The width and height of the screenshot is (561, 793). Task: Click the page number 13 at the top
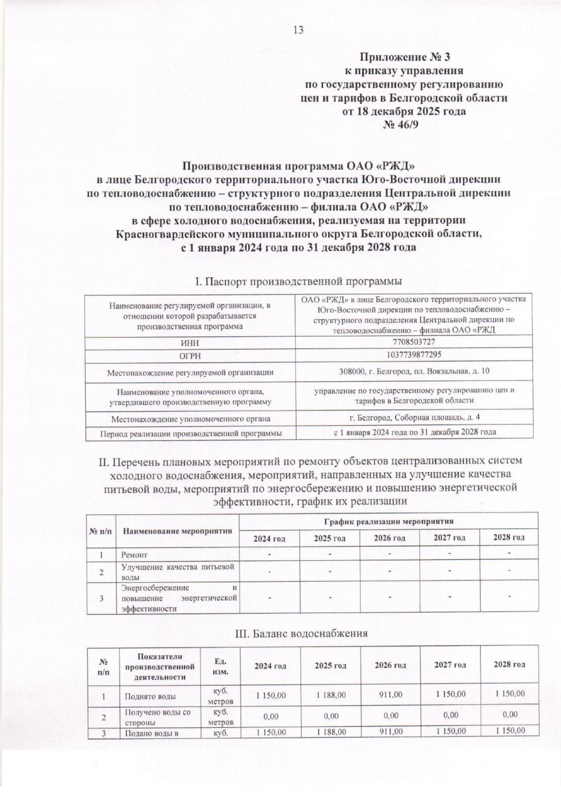[x=298, y=30]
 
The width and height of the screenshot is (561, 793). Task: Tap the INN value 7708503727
[x=414, y=342]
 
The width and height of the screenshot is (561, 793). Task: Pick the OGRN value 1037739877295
[x=414, y=355]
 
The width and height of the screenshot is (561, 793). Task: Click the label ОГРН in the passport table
[x=190, y=356]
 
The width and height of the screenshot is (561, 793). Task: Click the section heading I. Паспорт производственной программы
[x=298, y=282]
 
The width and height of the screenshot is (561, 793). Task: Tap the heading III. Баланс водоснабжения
[x=301, y=634]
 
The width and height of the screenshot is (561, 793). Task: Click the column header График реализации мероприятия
[x=388, y=521]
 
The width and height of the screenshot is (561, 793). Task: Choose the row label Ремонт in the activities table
[x=135, y=555]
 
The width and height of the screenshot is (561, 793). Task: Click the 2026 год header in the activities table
[x=389, y=538]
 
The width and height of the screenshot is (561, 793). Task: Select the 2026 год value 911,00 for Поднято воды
[x=390, y=695]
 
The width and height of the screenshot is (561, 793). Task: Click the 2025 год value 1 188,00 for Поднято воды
[x=331, y=695]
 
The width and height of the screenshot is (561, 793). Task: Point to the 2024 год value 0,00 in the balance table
[x=271, y=715]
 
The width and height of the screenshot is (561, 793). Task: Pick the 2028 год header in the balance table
[x=509, y=664]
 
